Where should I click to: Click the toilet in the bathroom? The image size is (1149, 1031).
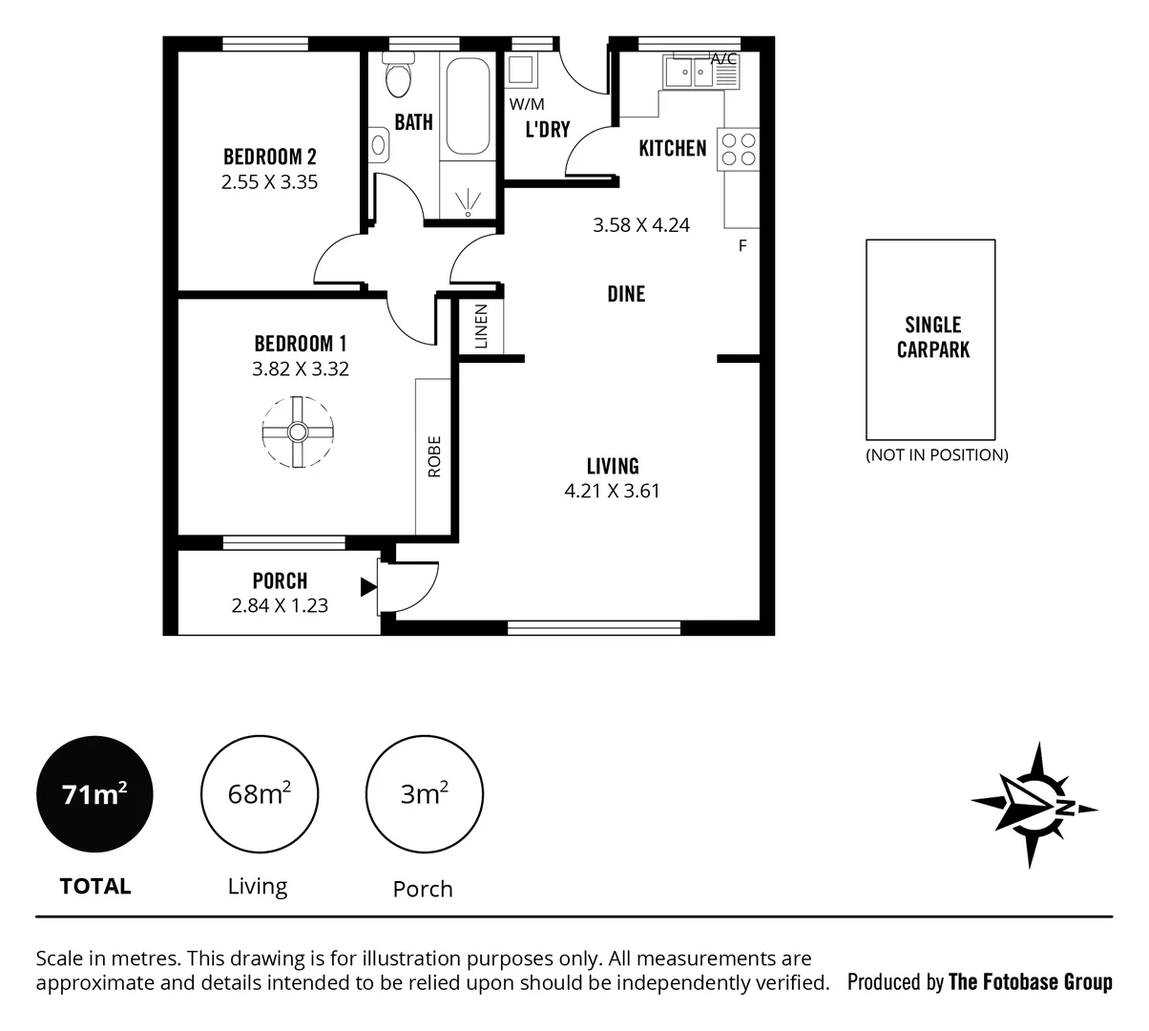[398, 74]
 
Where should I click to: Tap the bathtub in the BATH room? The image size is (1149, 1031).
[468, 106]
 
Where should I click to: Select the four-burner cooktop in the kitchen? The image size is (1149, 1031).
[739, 149]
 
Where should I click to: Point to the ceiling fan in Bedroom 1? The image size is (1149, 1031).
[298, 432]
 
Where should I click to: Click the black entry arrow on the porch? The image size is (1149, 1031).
[368, 587]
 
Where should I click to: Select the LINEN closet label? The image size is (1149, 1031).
[481, 326]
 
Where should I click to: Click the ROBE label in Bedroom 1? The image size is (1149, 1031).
[434, 456]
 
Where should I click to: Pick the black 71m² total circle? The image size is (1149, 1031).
[94, 794]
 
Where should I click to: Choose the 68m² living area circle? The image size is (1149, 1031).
[260, 794]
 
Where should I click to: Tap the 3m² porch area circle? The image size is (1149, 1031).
[425, 794]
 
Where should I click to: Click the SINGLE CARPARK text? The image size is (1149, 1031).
[933, 337]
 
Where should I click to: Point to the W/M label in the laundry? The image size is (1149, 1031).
[527, 104]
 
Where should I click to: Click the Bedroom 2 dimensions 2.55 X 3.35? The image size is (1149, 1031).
[269, 182]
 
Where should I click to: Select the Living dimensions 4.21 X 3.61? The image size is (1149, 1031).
[612, 491]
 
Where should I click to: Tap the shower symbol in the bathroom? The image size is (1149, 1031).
[468, 203]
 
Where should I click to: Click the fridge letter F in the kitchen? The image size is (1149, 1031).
[742, 245]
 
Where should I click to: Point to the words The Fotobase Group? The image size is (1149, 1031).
[1031, 981]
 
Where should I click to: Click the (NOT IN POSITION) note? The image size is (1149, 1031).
[937, 455]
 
